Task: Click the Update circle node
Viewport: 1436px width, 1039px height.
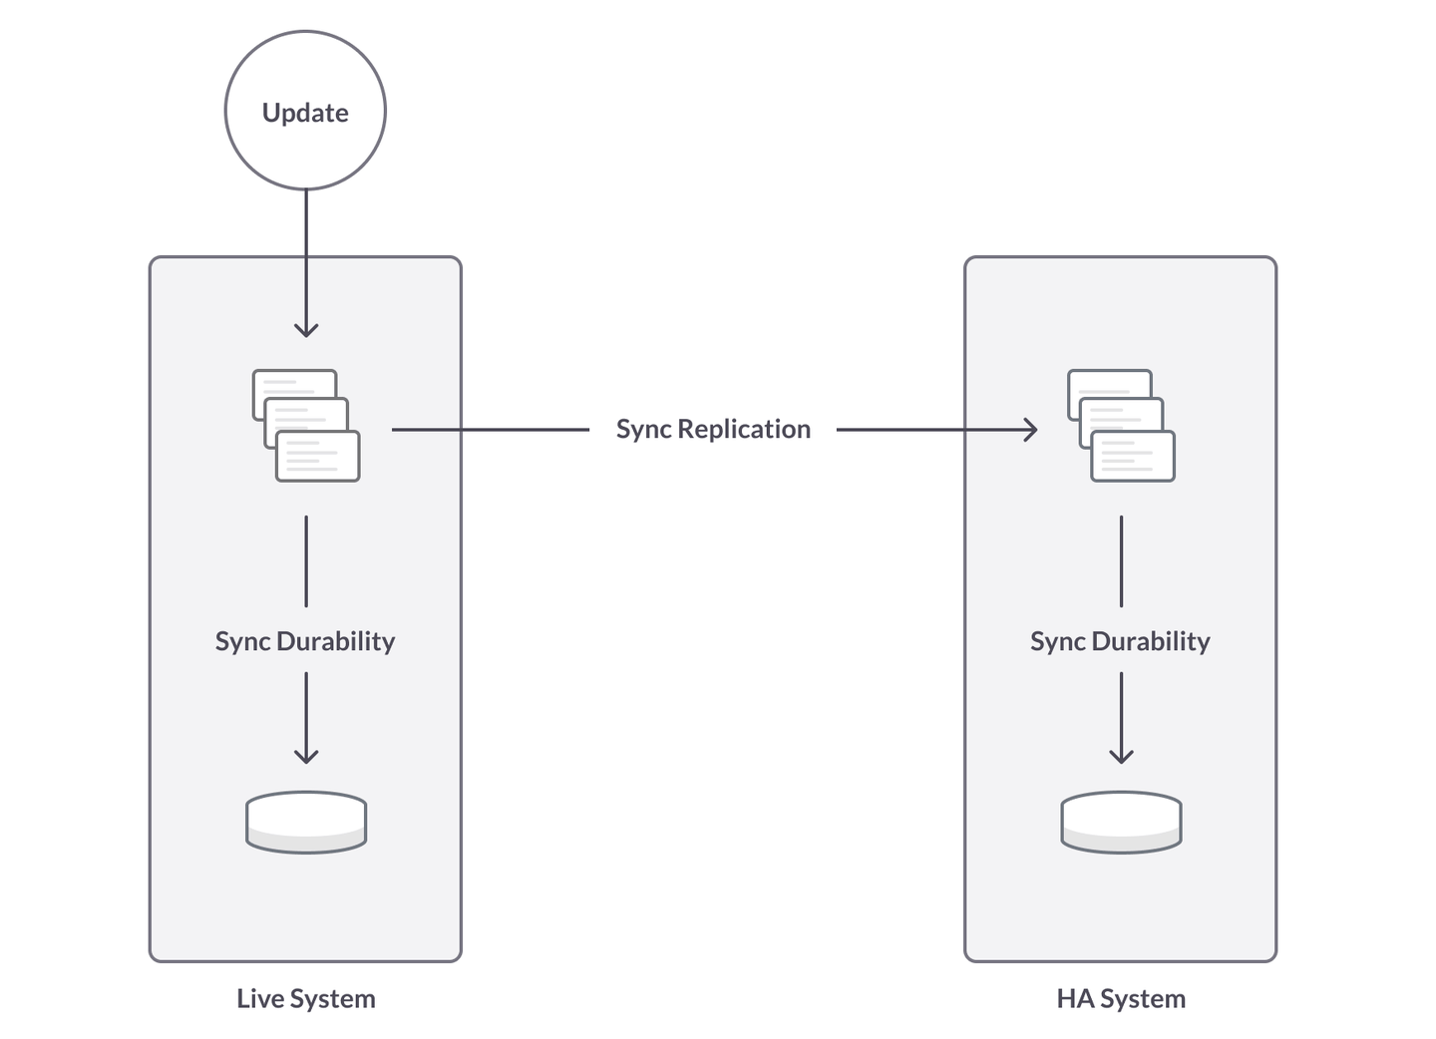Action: tap(305, 111)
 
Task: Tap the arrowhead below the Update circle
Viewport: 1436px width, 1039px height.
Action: tap(306, 330)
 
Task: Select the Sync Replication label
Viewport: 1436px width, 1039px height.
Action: tap(713, 429)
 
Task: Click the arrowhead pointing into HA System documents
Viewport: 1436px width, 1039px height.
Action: tap(1031, 430)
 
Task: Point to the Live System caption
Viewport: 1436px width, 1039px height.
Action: tap(306, 998)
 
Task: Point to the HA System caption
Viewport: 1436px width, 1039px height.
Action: tap(1121, 998)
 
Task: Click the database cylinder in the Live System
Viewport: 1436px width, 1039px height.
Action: tap(306, 822)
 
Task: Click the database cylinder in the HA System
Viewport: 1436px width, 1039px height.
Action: tap(1121, 822)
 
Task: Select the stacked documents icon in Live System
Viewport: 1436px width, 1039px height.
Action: tap(306, 426)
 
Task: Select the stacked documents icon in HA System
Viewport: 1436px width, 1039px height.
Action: tap(1121, 426)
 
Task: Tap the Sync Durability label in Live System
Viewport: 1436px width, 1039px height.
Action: tap(305, 640)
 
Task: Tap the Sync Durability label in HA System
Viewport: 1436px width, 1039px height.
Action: tap(1120, 640)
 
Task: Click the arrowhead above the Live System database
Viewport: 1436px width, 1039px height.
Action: tap(306, 757)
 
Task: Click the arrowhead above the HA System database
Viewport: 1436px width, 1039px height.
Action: tap(1121, 757)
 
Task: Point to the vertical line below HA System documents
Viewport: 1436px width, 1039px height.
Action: tap(1121, 560)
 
